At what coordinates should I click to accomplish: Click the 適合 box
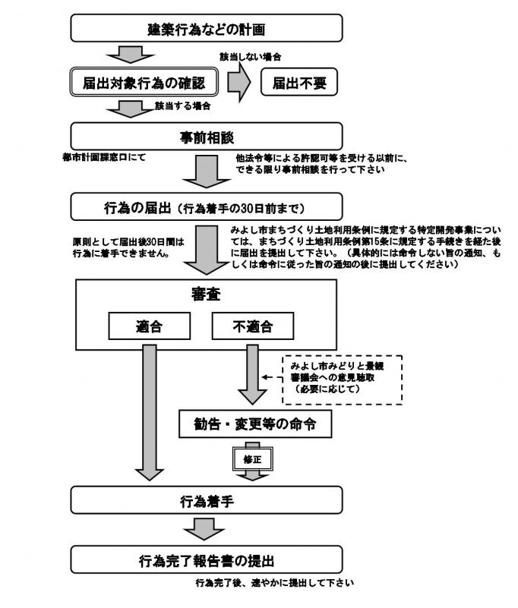coord(147,327)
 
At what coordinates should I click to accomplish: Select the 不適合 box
coord(252,327)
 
